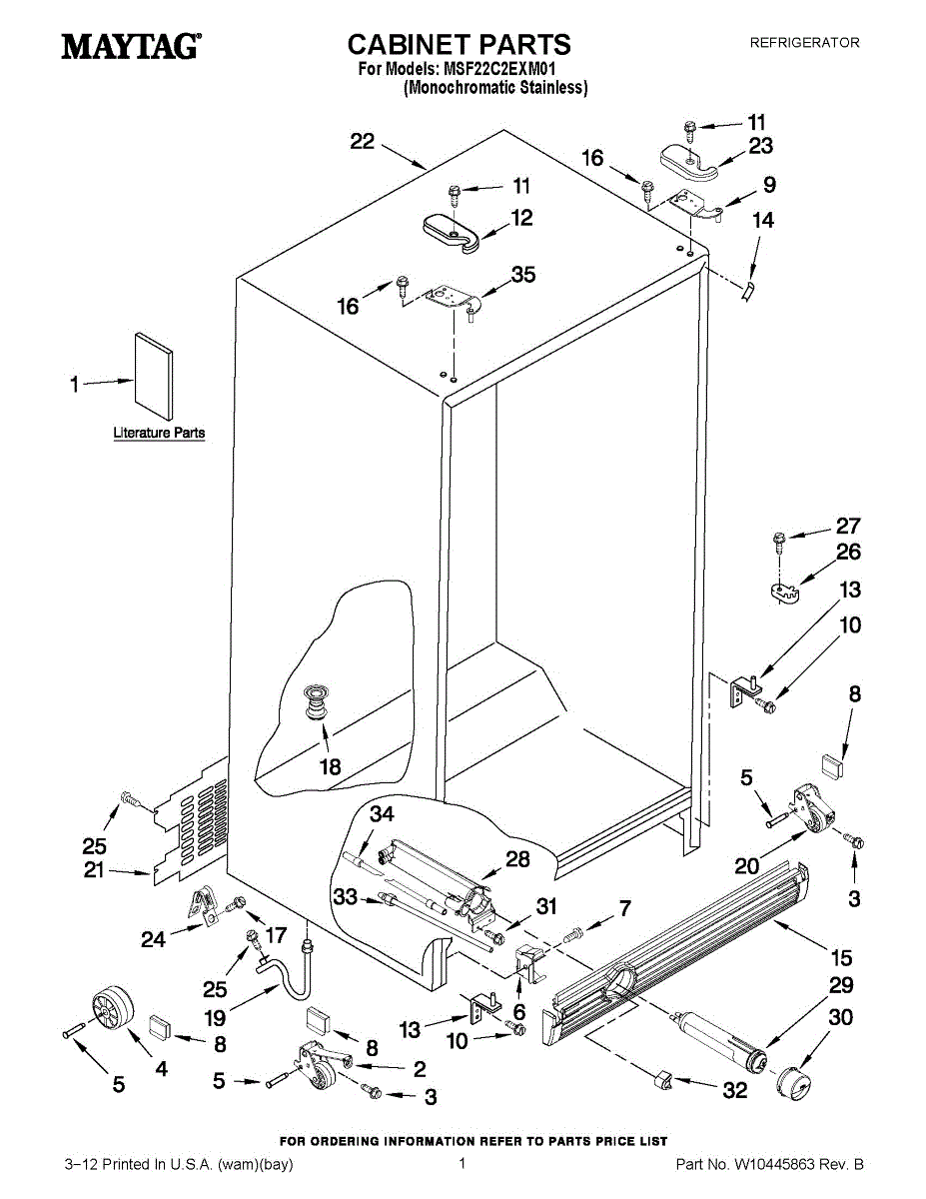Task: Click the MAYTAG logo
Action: click(x=131, y=46)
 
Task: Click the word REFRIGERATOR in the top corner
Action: click(x=805, y=43)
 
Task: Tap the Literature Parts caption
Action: click(x=159, y=434)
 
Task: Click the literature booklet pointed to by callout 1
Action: click(x=153, y=376)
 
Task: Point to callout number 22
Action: click(x=363, y=142)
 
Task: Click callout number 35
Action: click(x=523, y=275)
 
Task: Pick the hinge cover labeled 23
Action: click(x=690, y=161)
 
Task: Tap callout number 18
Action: click(x=331, y=767)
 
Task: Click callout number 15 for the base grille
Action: click(x=842, y=958)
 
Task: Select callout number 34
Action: click(x=382, y=814)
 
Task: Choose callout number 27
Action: click(x=848, y=526)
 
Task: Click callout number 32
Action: click(x=735, y=1090)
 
